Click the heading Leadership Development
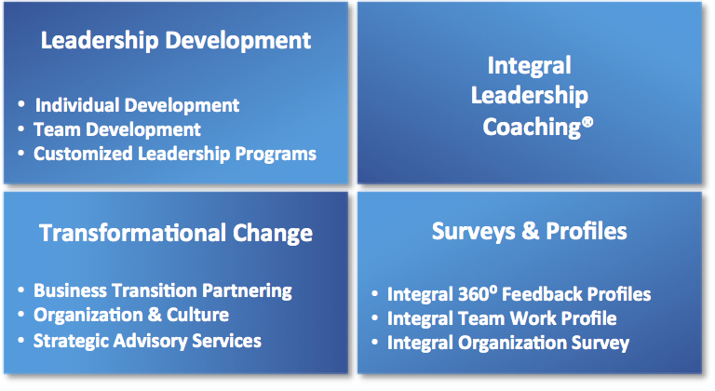[x=176, y=41]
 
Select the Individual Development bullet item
[x=137, y=105]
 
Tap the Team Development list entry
[x=117, y=130]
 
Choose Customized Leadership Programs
[x=175, y=155]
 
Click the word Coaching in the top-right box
[x=532, y=128]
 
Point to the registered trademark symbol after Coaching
[x=587, y=122]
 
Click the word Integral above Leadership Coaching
[x=530, y=66]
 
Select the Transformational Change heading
[x=176, y=234]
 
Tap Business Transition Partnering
[x=163, y=291]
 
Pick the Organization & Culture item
[x=131, y=316]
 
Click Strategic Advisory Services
[x=147, y=342]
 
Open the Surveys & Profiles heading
[x=530, y=231]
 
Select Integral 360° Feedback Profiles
[x=519, y=294]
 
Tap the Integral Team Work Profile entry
[x=502, y=318]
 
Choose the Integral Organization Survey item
[x=508, y=344]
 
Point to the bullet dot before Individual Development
[x=21, y=104]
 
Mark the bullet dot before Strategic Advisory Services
[x=21, y=341]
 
